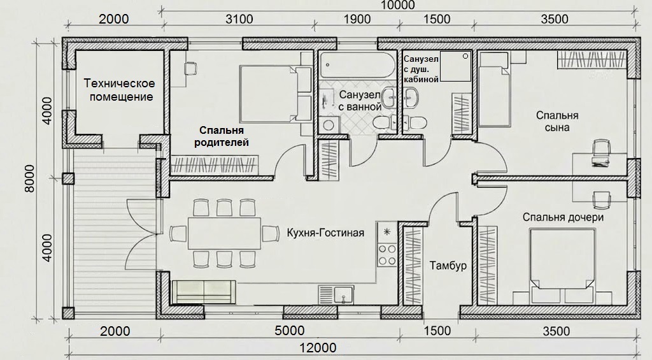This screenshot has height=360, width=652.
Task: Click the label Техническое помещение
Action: [119, 89]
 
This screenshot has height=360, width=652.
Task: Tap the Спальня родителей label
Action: [221, 136]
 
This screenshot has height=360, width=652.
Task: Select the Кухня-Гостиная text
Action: [325, 232]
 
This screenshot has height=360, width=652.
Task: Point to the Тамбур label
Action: [448, 265]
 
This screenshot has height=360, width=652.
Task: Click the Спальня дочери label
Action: [563, 217]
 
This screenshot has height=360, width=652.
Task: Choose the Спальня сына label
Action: [557, 120]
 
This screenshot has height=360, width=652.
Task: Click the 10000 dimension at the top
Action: [398, 4]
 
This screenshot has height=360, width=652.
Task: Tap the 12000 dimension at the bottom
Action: [319, 347]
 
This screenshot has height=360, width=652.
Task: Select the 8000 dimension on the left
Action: [29, 178]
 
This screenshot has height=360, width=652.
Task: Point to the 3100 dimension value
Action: [239, 19]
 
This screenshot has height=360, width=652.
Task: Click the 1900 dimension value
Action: [357, 19]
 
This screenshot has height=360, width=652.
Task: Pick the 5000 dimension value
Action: [290, 331]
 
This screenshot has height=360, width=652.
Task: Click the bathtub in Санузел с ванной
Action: [357, 64]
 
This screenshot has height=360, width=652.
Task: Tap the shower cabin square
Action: [455, 66]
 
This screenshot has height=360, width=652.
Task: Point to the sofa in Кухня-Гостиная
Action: [204, 292]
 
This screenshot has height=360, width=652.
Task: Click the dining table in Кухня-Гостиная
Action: [225, 233]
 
